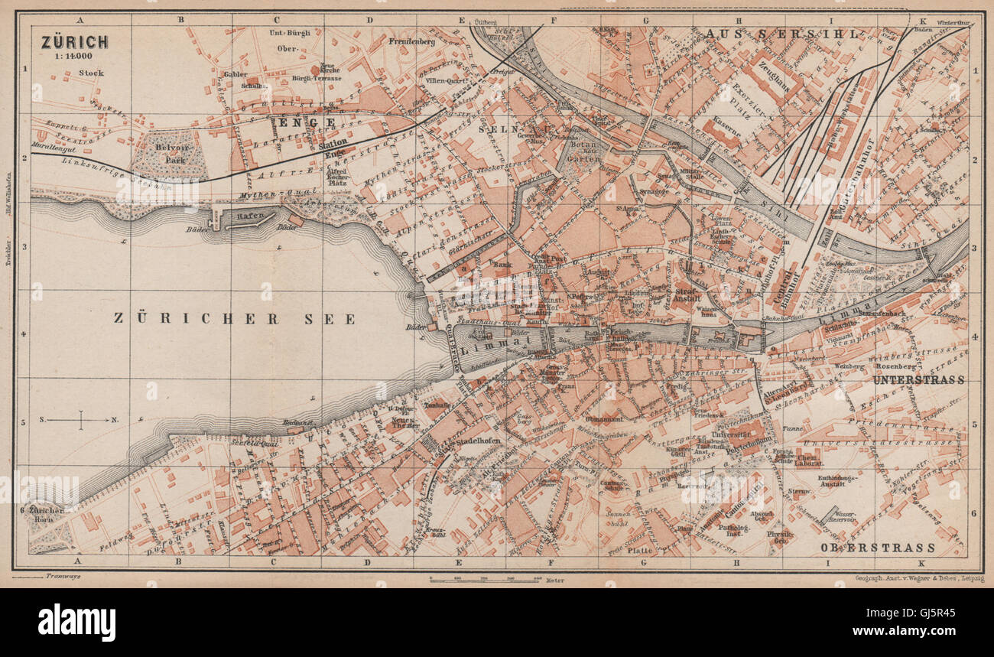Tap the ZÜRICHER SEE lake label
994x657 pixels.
tap(235, 319)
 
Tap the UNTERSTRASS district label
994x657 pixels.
tap(918, 379)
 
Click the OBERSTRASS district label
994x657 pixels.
tap(878, 548)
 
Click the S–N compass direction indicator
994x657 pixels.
tap(80, 419)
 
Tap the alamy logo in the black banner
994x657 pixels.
tap(76, 622)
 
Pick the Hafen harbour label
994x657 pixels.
tap(245, 216)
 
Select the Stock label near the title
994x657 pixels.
tap(90, 73)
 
